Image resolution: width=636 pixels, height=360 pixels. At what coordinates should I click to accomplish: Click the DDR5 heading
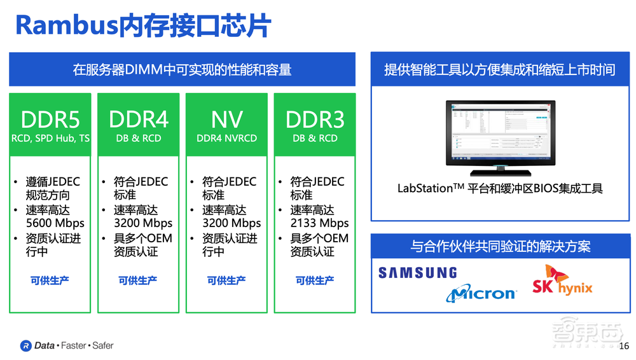click(x=50, y=119)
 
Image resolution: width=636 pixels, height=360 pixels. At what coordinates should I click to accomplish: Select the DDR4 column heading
click(x=139, y=119)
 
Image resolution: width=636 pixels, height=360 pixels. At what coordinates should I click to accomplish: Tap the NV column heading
click(x=227, y=119)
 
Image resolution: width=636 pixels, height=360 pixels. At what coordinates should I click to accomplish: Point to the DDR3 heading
click(x=315, y=119)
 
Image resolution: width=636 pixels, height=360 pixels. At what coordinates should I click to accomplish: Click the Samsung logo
click(x=418, y=273)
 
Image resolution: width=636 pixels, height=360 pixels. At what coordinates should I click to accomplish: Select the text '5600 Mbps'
click(x=55, y=223)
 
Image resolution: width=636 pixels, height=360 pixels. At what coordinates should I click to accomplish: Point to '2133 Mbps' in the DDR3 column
click(x=320, y=223)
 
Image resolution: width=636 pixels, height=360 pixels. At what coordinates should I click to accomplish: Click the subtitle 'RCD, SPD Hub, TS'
click(x=50, y=138)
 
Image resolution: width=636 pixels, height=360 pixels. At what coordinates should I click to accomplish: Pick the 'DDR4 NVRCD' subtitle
click(x=227, y=138)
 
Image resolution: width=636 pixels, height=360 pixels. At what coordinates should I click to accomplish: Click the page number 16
click(x=623, y=346)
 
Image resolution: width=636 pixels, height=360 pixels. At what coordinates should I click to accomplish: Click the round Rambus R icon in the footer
click(x=25, y=345)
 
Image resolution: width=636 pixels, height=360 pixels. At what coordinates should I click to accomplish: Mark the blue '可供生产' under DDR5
click(x=50, y=280)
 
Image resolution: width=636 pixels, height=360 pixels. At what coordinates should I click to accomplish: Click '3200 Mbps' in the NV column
click(x=232, y=223)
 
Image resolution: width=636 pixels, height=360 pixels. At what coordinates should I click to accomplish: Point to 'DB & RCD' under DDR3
click(x=315, y=138)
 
